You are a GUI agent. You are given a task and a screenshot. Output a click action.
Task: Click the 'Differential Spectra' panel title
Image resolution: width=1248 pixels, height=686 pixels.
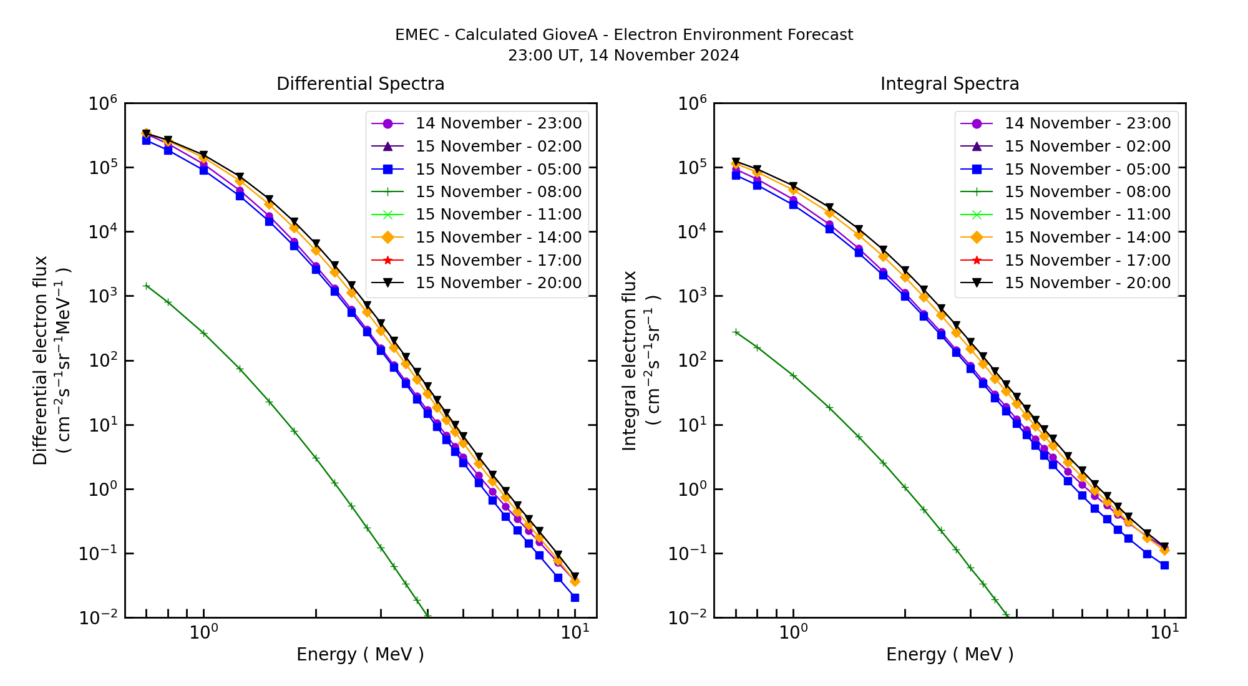click(360, 84)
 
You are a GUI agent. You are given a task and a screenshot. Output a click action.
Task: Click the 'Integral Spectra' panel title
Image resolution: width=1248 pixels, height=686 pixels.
click(949, 84)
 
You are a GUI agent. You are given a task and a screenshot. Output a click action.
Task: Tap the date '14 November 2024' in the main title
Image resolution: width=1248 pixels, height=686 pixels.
click(664, 56)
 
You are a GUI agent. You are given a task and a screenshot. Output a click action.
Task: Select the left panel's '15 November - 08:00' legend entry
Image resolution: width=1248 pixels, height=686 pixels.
click(498, 192)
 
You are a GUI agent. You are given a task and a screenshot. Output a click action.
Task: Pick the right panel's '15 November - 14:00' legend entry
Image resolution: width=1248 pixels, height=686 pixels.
click(1087, 238)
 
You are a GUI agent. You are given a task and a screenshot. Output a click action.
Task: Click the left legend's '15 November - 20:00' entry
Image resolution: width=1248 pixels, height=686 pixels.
click(498, 283)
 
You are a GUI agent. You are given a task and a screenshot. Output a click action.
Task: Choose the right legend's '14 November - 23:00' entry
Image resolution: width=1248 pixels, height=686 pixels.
click(1087, 123)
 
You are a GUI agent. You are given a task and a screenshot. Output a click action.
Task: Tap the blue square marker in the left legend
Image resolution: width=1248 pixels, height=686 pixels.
click(388, 169)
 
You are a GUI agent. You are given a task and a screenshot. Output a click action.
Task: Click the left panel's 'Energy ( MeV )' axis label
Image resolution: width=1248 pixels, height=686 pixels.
click(360, 654)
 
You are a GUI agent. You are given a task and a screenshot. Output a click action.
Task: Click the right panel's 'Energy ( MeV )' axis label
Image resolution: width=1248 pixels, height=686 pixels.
click(949, 654)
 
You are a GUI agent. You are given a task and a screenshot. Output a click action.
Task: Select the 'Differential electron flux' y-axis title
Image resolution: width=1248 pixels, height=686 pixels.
click(40, 360)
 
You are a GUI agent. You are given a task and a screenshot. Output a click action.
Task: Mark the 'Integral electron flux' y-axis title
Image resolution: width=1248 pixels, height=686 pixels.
click(629, 360)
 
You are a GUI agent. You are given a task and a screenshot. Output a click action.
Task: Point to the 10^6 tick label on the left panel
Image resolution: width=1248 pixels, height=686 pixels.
click(103, 104)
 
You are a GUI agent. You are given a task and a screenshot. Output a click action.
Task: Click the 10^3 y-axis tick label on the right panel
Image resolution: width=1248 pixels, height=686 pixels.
click(693, 296)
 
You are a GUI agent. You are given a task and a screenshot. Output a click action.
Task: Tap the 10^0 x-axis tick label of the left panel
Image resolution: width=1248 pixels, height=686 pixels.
click(203, 632)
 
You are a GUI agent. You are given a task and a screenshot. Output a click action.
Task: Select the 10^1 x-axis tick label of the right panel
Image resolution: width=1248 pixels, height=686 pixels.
click(1164, 632)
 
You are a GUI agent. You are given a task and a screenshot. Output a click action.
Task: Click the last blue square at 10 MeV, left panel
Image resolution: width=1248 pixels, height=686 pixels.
click(575, 597)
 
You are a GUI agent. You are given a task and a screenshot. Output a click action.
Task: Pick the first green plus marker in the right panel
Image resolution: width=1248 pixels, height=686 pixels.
click(736, 332)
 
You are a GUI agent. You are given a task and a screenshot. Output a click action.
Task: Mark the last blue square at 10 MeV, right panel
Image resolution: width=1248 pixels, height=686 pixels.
click(1164, 565)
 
